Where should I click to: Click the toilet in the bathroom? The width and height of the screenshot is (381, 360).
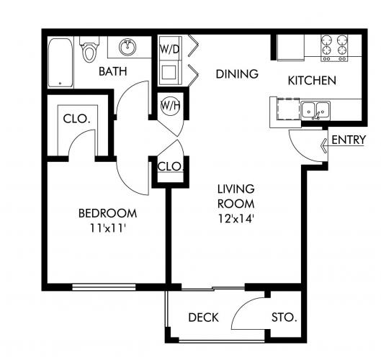tap(89, 49)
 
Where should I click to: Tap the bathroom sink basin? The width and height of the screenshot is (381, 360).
tap(127, 47)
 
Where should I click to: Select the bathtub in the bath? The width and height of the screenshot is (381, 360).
tap(60, 63)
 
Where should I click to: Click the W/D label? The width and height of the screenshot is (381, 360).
tap(169, 49)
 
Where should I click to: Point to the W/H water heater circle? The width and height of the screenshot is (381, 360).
tap(170, 106)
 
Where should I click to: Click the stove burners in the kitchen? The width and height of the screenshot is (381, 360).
tap(334, 48)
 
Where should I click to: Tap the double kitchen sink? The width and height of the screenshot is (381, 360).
tap(315, 111)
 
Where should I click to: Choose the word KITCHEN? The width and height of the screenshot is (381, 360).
tap(312, 81)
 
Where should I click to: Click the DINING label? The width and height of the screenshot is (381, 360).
tap(237, 74)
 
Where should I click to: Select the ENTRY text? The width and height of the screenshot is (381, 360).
tap(349, 140)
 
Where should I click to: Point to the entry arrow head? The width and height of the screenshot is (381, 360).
tap(323, 146)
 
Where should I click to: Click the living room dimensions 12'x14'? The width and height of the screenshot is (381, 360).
tap(236, 219)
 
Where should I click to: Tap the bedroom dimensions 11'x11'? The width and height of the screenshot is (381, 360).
tap(107, 228)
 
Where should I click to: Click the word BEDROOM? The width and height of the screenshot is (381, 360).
tap(107, 213)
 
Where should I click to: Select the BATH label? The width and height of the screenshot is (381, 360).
tap(113, 71)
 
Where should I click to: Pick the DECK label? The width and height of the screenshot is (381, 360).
tap(203, 318)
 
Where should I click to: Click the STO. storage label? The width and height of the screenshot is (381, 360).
tap(284, 318)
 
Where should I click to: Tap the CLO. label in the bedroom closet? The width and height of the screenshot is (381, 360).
tap(76, 119)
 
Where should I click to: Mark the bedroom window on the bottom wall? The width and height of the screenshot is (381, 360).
tap(104, 287)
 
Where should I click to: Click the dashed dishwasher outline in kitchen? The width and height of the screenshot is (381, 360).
tap(288, 109)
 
